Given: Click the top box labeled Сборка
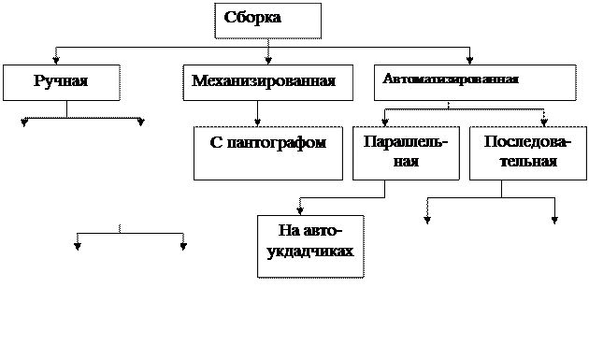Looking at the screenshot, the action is [267, 21].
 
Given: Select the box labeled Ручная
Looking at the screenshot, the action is [62, 82].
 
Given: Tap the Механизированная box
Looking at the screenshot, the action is [267, 82].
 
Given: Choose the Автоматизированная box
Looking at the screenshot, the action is [475, 82].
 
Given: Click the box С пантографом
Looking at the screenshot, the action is [268, 153].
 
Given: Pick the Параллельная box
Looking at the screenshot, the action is [406, 153].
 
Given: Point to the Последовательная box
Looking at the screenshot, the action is [528, 153].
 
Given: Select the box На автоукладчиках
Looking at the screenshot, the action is [310, 247].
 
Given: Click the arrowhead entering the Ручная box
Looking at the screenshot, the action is [56, 60].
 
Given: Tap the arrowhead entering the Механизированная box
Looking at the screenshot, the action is [267, 60].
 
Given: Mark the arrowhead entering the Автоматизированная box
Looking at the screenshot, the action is [469, 60].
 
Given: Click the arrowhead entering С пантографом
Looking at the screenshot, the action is [257, 122].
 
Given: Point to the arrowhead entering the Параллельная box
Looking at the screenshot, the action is [384, 122].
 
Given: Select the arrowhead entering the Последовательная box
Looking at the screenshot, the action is [544, 122].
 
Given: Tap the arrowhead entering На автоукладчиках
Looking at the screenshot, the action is [300, 210].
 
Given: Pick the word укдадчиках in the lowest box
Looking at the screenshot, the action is [310, 252].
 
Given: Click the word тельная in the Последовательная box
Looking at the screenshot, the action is [528, 161].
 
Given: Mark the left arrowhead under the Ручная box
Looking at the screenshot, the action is [24, 122].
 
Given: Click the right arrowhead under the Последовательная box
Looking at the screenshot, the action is [554, 221].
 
